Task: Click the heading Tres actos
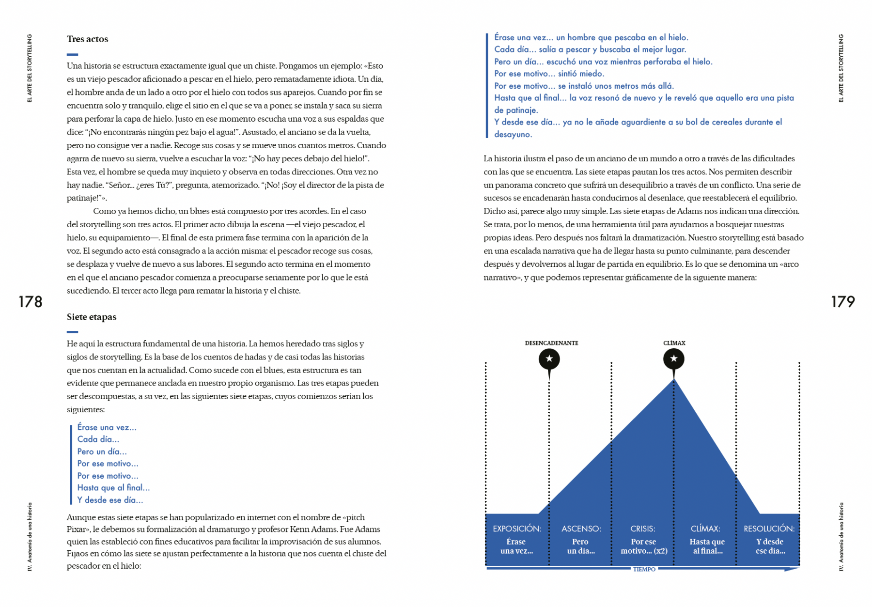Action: coord(87,39)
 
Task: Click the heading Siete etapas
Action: coord(92,317)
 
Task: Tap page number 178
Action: coord(31,302)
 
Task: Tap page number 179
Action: coord(842,302)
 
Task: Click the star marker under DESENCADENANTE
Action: coord(549,359)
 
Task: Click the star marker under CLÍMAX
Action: coord(673,359)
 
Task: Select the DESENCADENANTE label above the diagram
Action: coord(551,343)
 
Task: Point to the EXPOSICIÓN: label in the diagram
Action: coord(517,529)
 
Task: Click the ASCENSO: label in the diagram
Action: coord(581,529)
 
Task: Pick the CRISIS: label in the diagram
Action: coord(643,529)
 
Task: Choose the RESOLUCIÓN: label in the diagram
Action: coord(769,529)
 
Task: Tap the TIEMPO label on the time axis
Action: coord(644,569)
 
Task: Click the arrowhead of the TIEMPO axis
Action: coord(793,569)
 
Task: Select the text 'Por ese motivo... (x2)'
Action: coord(644,546)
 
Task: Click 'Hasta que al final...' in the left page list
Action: coord(113,488)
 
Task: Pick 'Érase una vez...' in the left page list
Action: coord(107,427)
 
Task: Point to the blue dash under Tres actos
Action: coord(72,54)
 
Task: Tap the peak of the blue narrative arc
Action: coord(673,381)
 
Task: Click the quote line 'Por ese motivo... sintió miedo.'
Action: coord(549,74)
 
